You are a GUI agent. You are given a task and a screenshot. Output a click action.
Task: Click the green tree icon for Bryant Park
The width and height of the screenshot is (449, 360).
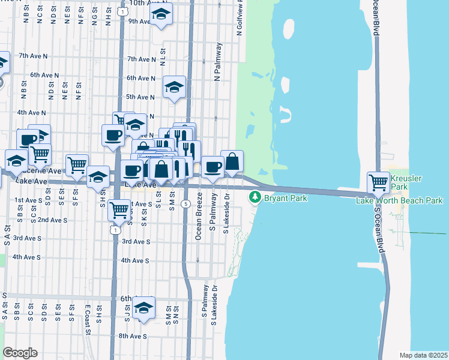255,197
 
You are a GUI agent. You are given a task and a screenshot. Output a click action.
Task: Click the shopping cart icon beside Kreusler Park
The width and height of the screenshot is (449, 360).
378,181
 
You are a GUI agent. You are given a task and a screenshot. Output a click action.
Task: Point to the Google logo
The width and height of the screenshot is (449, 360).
19,353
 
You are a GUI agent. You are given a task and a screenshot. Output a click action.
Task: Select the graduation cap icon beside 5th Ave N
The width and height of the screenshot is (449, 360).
174,88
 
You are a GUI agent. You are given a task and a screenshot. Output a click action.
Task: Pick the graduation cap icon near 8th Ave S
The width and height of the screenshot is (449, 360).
143,308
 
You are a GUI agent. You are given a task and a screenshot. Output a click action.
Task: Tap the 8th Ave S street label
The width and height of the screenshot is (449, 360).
132,336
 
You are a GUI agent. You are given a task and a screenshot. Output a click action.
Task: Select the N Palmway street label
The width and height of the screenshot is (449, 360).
217,62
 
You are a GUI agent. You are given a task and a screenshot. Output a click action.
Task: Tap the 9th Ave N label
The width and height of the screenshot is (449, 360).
139,21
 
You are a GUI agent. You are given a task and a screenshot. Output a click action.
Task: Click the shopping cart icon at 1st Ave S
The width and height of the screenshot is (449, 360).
119,209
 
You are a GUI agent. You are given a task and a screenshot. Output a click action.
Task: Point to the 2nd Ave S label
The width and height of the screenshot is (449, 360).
52,220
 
